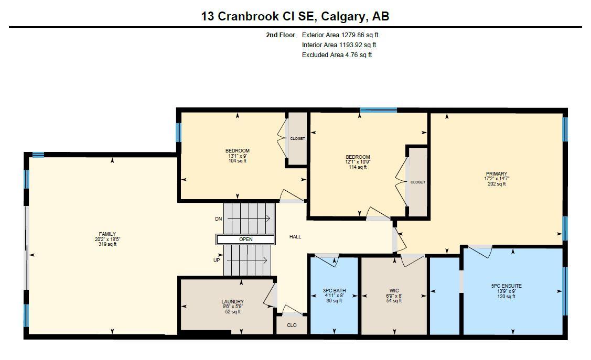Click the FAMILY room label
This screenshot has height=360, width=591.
coord(108,234)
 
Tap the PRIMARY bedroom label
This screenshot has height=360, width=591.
coord(496,174)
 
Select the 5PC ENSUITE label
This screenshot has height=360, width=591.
coord(506,286)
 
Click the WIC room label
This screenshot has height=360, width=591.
coord(394,290)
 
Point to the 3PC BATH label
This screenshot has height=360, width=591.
coord(334,291)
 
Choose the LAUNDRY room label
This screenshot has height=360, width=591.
coord(232,302)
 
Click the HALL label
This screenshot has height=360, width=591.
coord(295,237)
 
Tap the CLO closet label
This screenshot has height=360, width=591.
coord(292,325)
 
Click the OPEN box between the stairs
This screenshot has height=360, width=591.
coord(245,239)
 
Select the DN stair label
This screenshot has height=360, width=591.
coord(218,219)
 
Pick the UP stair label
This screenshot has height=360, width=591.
coord(217,260)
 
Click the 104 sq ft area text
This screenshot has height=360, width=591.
coord(238,161)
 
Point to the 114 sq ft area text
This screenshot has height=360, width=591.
coord(358,167)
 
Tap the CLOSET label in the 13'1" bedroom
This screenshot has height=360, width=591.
coord(297,139)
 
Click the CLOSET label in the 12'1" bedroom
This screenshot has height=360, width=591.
coord(418,182)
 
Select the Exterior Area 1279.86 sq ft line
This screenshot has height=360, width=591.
coord(340,35)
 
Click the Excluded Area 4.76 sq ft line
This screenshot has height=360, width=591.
coord(337,55)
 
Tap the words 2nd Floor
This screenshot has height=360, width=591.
coord(281,35)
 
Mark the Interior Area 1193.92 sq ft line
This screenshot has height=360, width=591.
coord(339,45)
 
